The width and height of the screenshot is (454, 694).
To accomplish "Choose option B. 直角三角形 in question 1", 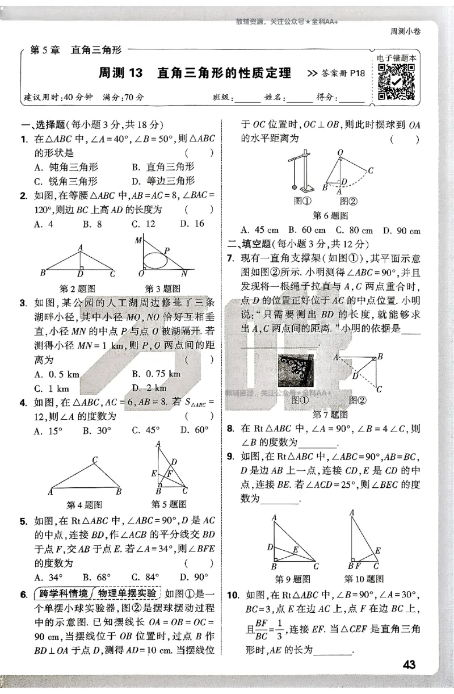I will click(x=163, y=167).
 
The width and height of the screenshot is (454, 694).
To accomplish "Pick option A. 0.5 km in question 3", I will click(x=57, y=374).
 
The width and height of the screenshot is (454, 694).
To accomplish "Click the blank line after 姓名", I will click(x=300, y=98).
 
